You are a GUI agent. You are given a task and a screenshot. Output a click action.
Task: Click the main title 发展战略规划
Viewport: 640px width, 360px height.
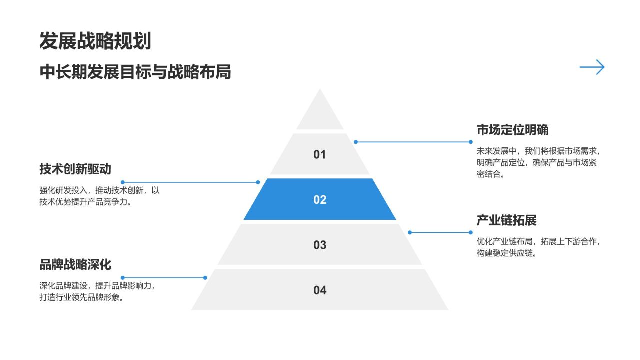tap(95, 41)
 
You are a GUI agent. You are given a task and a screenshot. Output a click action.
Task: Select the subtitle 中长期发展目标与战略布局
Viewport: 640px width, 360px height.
tap(135, 72)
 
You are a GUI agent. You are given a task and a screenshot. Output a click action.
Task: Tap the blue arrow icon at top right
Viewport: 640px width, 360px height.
tap(592, 67)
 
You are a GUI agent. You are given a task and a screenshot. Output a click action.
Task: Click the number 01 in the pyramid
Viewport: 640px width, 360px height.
tap(319, 155)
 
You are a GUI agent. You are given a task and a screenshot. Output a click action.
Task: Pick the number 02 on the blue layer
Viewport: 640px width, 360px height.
tap(320, 200)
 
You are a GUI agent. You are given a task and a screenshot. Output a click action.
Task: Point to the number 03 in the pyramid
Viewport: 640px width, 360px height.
tap(320, 245)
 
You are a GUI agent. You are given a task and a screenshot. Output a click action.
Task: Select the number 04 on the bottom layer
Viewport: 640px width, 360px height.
tap(320, 290)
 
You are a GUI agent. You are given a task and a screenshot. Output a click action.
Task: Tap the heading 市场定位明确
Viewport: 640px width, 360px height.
tap(512, 130)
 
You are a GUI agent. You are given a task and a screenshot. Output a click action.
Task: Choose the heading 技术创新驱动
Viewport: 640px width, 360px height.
tap(75, 169)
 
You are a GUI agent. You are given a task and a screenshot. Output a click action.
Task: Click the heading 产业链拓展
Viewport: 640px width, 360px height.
tap(506, 220)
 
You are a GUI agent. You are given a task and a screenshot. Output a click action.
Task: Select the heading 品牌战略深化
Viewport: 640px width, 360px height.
tap(75, 264)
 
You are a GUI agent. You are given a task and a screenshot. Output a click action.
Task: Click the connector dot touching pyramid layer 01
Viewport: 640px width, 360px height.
tap(356, 142)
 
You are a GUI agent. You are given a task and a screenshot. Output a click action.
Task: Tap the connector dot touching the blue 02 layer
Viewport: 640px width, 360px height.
tap(258, 182)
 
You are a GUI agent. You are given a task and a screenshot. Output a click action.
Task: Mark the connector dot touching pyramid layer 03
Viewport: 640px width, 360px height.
tap(410, 232)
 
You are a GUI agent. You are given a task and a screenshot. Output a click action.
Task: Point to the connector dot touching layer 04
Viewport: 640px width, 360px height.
tap(205, 277)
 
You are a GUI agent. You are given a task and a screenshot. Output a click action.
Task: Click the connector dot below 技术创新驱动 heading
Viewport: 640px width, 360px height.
tap(123, 182)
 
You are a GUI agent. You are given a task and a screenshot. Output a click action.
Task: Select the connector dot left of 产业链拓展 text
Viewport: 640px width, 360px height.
tap(470, 232)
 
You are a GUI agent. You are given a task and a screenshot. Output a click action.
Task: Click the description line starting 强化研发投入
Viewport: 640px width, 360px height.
tap(99, 190)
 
